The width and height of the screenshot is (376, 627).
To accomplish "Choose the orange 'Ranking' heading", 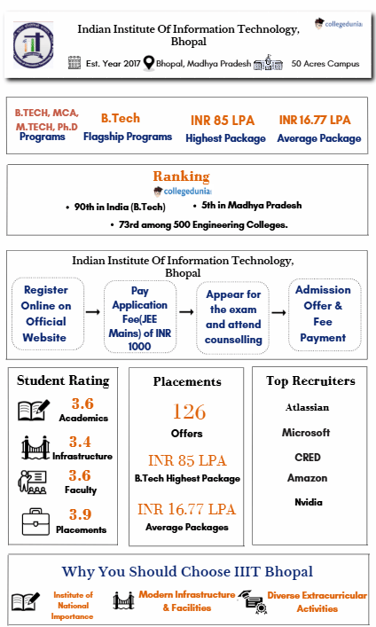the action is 181,176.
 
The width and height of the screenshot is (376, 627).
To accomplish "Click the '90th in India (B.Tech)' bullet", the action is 120,207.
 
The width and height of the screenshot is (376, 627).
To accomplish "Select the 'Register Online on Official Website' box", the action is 45,313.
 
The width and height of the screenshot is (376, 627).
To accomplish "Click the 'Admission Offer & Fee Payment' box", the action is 323,313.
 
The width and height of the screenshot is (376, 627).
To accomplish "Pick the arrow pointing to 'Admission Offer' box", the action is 278,313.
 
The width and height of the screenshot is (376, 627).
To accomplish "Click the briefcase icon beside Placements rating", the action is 35,521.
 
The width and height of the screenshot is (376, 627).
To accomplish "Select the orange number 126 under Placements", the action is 189,411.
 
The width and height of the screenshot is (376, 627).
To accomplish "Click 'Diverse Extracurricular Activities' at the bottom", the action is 316,601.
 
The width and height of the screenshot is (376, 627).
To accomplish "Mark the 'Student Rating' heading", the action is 63,380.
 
